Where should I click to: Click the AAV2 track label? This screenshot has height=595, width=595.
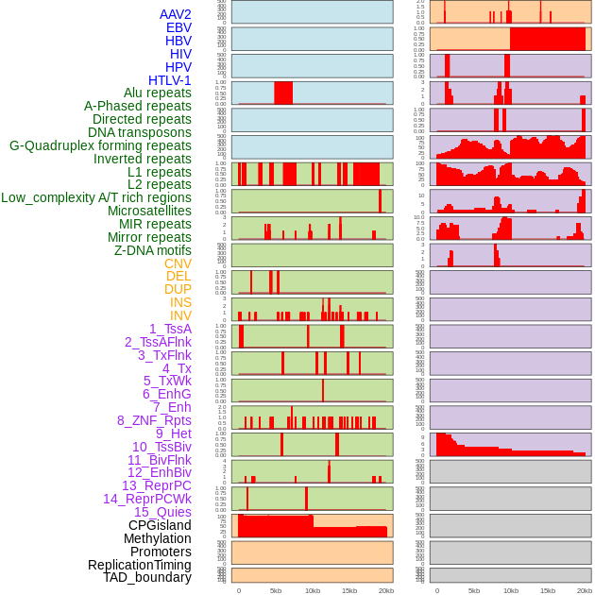175,14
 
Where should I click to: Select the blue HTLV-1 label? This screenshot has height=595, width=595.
169,80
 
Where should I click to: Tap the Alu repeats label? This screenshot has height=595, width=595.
157,93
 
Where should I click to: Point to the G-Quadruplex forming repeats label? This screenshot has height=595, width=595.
100,145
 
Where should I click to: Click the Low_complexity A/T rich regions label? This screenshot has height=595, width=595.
95,197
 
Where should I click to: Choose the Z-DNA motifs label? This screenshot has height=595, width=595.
152,250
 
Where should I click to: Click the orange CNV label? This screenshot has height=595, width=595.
178,263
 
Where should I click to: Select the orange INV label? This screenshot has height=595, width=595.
180,315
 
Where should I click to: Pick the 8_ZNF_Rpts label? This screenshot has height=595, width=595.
154,420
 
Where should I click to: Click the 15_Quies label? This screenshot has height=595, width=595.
161,512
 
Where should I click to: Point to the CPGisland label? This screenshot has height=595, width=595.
160,525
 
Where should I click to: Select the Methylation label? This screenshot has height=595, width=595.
158,538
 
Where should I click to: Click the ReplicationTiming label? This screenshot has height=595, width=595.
139,565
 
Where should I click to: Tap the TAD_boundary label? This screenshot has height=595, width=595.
146,577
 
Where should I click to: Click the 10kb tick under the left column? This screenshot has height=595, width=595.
312,590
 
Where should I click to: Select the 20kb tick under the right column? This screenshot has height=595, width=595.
585,590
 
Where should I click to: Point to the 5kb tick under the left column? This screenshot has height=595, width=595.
276,590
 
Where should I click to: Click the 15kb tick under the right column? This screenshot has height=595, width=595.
548,590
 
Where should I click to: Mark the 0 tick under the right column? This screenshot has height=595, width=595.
436,590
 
